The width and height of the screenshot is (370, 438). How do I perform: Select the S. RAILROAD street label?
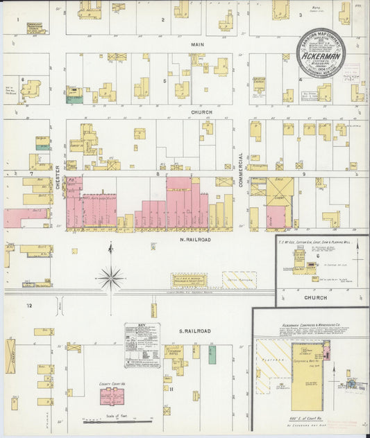196,331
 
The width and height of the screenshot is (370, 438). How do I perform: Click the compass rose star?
110,279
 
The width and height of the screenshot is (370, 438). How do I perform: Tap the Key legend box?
142,344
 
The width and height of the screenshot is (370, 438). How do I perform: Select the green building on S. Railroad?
212,354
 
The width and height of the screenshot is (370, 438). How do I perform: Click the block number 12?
29,305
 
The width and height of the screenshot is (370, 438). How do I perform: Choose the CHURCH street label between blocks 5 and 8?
202,111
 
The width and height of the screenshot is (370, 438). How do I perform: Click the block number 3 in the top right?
301,15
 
